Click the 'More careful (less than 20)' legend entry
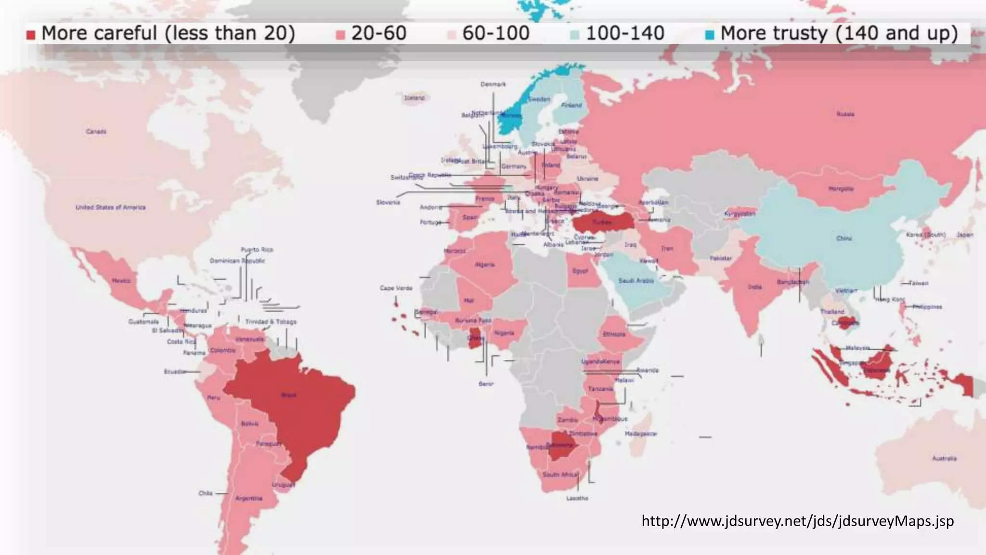(x=161, y=34)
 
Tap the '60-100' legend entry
(x=489, y=34)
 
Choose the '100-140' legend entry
(x=618, y=34)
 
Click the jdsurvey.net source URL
(x=797, y=521)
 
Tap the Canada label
(x=96, y=132)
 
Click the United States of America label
(x=110, y=207)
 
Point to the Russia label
(x=845, y=114)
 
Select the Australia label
(x=944, y=458)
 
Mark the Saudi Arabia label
(x=636, y=280)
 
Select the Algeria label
(x=484, y=264)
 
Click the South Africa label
(x=559, y=475)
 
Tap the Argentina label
(x=248, y=498)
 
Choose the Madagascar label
(x=640, y=434)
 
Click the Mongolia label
(x=841, y=189)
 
